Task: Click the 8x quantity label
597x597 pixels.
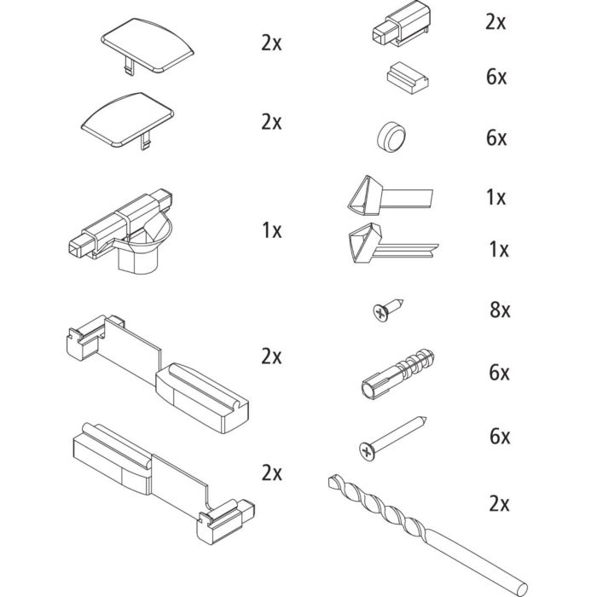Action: tap(501, 310)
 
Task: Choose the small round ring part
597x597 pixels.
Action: tap(391, 136)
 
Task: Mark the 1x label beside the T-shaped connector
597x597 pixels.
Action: tap(271, 230)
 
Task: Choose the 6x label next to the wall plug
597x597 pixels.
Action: tap(500, 373)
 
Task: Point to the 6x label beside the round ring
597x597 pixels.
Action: tap(496, 138)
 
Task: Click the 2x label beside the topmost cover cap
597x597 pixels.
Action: tap(271, 43)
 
